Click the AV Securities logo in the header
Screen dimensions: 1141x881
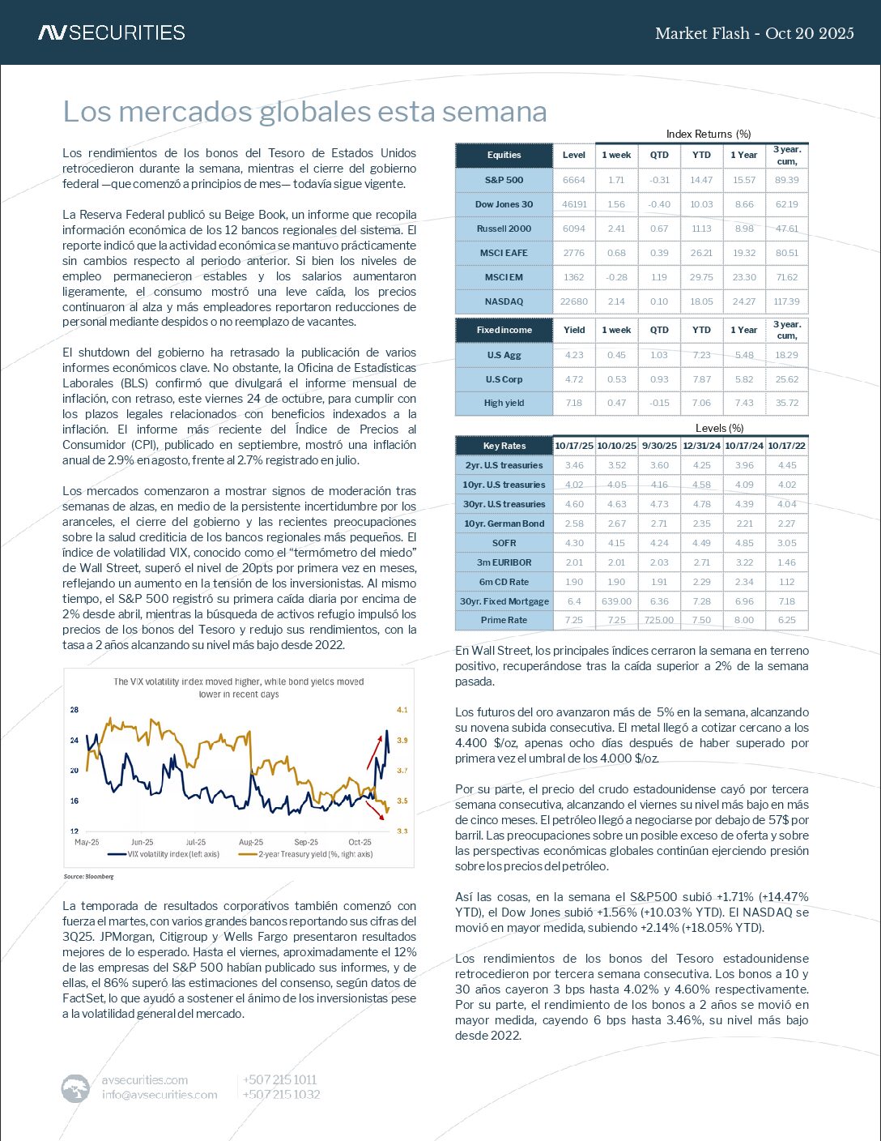pyautogui.click(x=112, y=32)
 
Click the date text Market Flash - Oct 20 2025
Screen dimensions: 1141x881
pyautogui.click(x=754, y=33)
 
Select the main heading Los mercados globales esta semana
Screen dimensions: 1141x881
pyautogui.click(x=304, y=112)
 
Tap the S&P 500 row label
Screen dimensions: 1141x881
pyautogui.click(x=504, y=180)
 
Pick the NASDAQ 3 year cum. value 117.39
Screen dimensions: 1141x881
pyautogui.click(x=786, y=301)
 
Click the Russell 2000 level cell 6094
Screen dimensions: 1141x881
pyautogui.click(x=573, y=229)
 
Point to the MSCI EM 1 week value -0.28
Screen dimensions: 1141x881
pyautogui.click(x=616, y=277)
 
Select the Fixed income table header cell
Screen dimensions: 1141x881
pyautogui.click(x=504, y=330)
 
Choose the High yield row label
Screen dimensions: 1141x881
pyautogui.click(x=504, y=403)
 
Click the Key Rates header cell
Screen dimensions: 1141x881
pyautogui.click(x=504, y=446)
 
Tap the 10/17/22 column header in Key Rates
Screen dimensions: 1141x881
pyautogui.click(x=786, y=446)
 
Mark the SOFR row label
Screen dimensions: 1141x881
pyautogui.click(x=504, y=543)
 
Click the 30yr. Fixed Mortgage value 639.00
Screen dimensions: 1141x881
pyautogui.click(x=616, y=601)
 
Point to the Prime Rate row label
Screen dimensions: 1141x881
pyautogui.click(x=504, y=620)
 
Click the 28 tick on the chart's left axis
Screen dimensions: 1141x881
pyautogui.click(x=74, y=710)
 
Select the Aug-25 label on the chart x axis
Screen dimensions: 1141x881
pyautogui.click(x=251, y=842)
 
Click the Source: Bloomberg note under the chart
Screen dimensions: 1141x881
pyautogui.click(x=88, y=877)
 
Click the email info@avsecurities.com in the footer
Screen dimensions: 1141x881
pyautogui.click(x=160, y=1095)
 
